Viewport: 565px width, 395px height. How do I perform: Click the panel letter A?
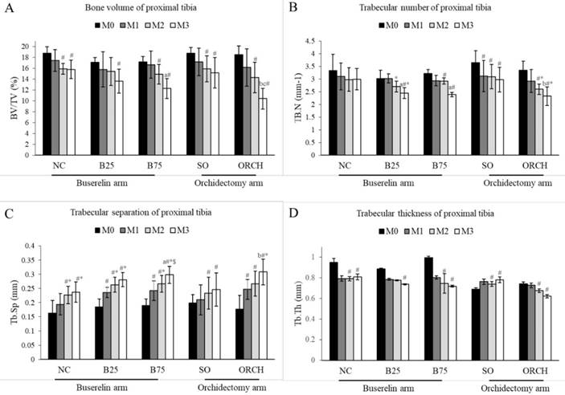pos(6,10)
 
